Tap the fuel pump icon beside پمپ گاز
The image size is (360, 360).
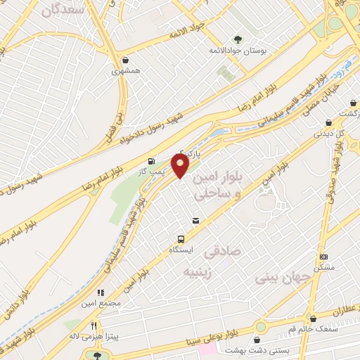[x=152, y=162]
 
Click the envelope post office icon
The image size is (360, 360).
[x=195, y=221]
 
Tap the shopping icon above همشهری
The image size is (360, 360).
[x=125, y=60]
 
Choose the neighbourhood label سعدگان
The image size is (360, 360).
[x=63, y=10]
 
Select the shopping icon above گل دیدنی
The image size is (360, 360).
[x=328, y=122]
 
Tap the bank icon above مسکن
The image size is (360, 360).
[x=323, y=257]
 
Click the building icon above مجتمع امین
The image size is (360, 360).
[x=101, y=292]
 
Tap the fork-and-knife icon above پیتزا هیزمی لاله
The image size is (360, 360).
[x=94, y=326]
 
